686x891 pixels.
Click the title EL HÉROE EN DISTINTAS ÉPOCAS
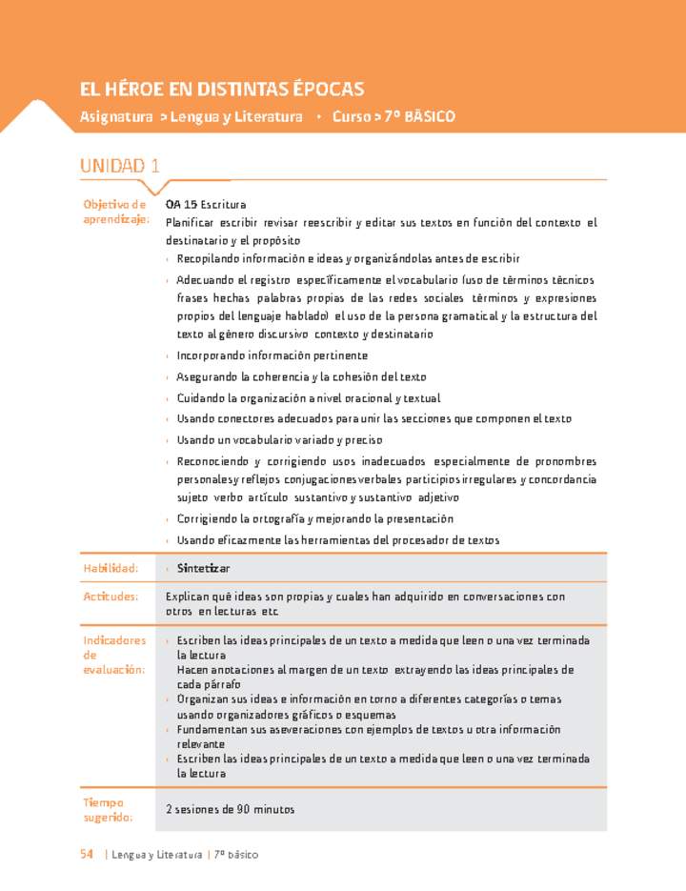click(222, 90)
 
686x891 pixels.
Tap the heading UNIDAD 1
click(120, 166)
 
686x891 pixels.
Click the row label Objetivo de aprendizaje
click(115, 212)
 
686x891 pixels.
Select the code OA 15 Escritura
click(206, 204)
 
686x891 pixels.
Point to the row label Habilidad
click(111, 568)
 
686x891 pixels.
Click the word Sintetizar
click(203, 569)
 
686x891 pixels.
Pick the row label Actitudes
click(111, 597)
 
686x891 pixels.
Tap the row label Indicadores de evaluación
click(115, 655)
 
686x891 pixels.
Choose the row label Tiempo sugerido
click(108, 809)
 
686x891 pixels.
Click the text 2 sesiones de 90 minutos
click(230, 809)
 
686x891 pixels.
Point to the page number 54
click(87, 854)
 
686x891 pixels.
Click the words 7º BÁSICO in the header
click(416, 116)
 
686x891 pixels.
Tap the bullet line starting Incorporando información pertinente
click(272, 355)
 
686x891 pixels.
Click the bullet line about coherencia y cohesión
click(301, 377)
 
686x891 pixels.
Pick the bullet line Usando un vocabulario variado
click(278, 440)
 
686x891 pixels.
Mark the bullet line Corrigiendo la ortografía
click(314, 519)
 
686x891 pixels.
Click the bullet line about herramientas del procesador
click(337, 540)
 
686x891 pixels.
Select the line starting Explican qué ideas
click(365, 597)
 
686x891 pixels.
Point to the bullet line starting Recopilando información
click(348, 259)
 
